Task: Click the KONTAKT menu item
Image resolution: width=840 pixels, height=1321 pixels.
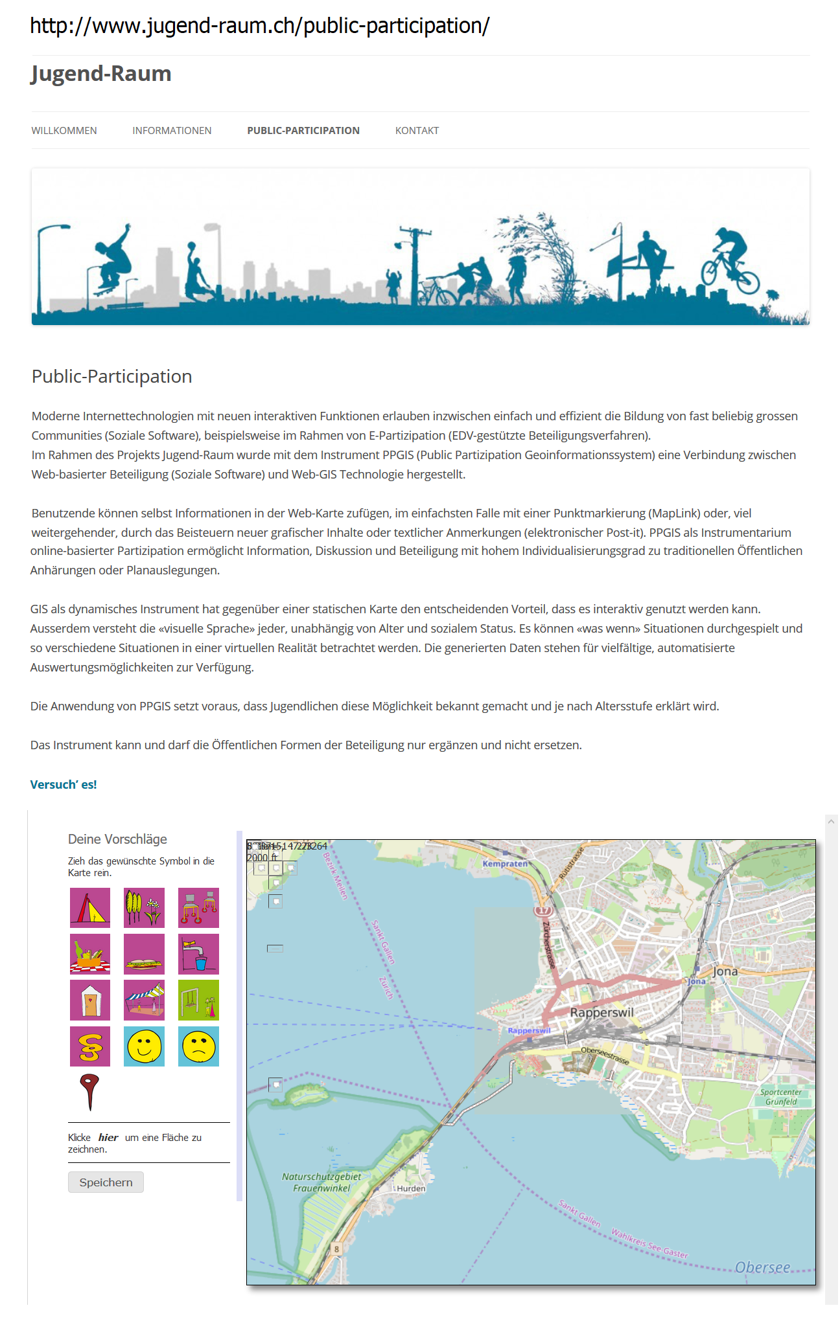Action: [417, 131]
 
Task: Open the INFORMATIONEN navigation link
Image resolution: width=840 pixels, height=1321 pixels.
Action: [172, 131]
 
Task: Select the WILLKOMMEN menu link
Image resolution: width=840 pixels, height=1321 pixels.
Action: [64, 131]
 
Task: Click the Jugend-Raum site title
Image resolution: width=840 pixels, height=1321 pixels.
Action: [101, 74]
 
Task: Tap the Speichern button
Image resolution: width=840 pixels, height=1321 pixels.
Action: [106, 1182]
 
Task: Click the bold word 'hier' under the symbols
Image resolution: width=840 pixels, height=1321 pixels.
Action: [108, 1138]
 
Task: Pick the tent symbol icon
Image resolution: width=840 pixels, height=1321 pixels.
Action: [90, 908]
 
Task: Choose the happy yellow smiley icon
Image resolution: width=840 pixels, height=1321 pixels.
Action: [144, 1046]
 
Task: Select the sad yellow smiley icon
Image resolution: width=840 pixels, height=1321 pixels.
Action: [198, 1046]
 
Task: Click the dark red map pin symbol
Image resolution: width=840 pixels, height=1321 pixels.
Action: [89, 1090]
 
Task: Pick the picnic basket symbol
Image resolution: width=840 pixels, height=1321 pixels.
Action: [90, 954]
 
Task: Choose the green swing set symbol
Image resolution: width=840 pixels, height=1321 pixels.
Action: [198, 1000]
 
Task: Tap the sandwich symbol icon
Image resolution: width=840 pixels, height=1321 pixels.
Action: [144, 954]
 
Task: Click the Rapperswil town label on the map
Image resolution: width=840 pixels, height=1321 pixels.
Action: [601, 1013]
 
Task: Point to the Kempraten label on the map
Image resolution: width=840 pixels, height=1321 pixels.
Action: [505, 864]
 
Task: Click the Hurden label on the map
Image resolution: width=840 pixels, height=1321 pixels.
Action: [411, 1189]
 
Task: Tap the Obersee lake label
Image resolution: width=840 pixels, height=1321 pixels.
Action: [762, 1268]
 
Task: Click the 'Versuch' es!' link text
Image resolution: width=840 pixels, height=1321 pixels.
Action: [64, 785]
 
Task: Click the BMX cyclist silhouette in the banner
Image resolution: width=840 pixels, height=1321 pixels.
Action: [730, 264]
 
